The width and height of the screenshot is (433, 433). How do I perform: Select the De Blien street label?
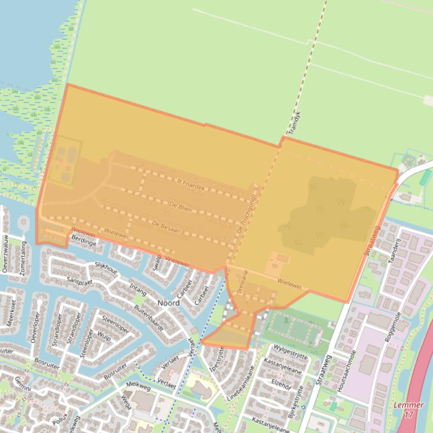pyautogui.click(x=180, y=207)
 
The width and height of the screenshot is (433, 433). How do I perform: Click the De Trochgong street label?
pyautogui.click(x=246, y=215)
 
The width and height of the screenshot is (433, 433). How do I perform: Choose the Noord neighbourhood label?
pyautogui.click(x=168, y=303)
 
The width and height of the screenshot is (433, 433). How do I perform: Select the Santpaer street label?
pyautogui.click(x=79, y=279)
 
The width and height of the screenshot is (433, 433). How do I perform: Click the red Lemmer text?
pyautogui.click(x=408, y=405)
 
